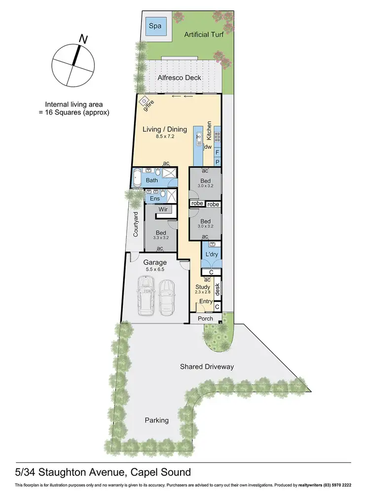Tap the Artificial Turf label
pyautogui.click(x=204, y=35)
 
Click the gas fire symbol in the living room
pyautogui.click(x=145, y=101)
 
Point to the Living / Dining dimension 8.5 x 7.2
pyautogui.click(x=165, y=136)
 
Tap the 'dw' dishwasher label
pyautogui.click(x=208, y=147)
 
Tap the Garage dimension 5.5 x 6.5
pyautogui.click(x=155, y=270)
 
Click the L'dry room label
pyautogui.click(x=212, y=254)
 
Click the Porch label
pyautogui.click(x=205, y=319)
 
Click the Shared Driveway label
pyautogui.click(x=207, y=367)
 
